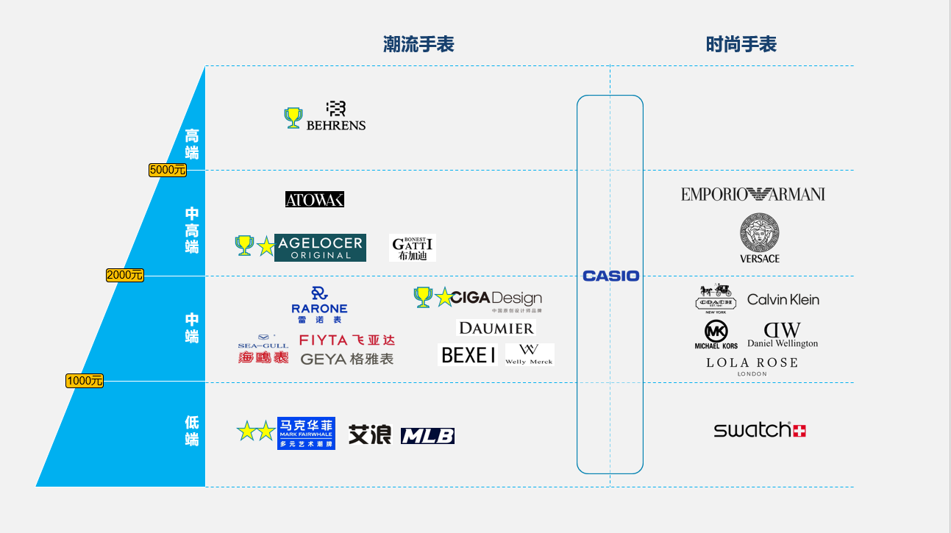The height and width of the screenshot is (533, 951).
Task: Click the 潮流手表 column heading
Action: tap(418, 44)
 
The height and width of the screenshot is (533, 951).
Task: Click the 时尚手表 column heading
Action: tap(741, 44)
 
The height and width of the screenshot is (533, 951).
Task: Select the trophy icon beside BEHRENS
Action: tap(293, 118)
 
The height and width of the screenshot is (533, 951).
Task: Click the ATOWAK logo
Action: tap(315, 199)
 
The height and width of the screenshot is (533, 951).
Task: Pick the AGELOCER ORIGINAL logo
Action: tap(320, 248)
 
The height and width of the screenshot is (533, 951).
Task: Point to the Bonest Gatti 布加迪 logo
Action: tap(413, 248)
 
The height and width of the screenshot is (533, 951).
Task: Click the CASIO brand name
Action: tap(610, 276)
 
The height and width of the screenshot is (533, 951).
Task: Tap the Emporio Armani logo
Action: tap(752, 194)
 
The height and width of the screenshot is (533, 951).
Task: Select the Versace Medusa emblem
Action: tap(760, 233)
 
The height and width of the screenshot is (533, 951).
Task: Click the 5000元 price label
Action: tap(168, 170)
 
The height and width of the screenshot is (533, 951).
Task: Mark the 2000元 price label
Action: tap(125, 275)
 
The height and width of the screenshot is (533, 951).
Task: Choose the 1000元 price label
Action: tap(85, 381)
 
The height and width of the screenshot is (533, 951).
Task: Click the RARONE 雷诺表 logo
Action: tap(318, 304)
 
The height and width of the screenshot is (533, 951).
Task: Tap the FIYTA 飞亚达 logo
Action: tap(347, 340)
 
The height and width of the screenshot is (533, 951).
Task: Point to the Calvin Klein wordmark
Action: tap(783, 299)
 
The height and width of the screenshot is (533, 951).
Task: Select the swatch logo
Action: tap(759, 430)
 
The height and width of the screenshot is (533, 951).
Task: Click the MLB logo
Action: tap(427, 436)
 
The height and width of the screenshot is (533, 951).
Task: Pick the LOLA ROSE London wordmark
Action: tap(752, 365)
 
